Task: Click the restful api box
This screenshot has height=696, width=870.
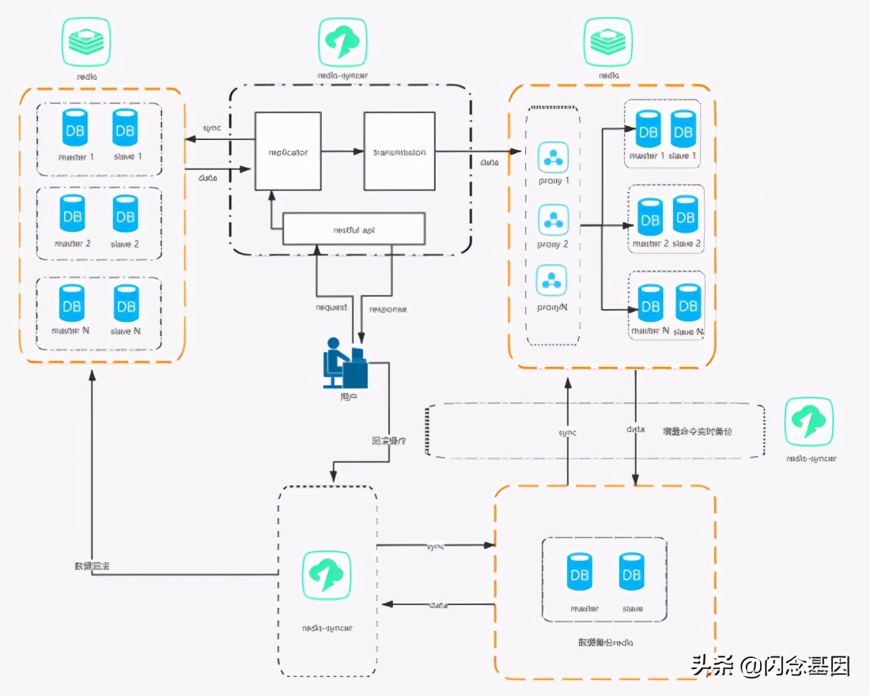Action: tap(354, 229)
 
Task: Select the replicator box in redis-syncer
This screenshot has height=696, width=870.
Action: tap(288, 151)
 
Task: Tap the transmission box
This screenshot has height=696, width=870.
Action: tap(399, 151)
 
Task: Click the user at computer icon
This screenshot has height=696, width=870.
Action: tap(346, 363)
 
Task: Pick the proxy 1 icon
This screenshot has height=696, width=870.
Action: tap(553, 158)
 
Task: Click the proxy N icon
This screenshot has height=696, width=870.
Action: tap(553, 281)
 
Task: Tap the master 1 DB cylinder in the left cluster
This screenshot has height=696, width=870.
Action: tap(74, 126)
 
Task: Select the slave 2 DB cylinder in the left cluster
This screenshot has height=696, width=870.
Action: tap(125, 214)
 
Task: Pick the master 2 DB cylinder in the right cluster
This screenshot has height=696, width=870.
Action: tap(649, 215)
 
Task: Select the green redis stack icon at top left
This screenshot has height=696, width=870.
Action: tap(86, 42)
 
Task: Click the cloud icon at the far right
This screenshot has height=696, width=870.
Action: tap(808, 422)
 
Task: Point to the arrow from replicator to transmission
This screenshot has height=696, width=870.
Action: tap(342, 151)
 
